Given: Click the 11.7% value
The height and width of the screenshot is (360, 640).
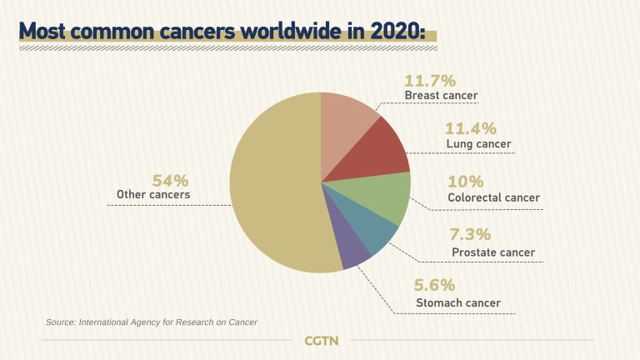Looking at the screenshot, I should coord(430,81).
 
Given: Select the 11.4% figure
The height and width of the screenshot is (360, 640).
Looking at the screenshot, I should coord(471,128).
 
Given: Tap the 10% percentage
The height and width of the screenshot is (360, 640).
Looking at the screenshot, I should coord(465,182).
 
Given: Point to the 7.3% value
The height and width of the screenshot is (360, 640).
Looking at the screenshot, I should coord(471,235).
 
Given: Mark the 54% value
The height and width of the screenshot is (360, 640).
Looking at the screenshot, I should coord(170,180).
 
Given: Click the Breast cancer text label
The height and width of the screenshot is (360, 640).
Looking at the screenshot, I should coord(441,96).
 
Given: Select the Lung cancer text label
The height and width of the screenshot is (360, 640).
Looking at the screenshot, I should coord(478,144).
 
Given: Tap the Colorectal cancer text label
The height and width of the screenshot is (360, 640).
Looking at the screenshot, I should coord(493,198).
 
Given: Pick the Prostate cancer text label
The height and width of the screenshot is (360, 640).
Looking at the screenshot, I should coord(492,252).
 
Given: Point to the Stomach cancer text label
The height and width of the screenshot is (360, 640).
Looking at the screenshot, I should coord(458,302).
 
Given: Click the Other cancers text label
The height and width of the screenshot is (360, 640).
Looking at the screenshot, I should coord(153,195).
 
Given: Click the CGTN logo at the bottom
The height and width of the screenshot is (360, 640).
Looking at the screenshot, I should coord(321,341).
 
